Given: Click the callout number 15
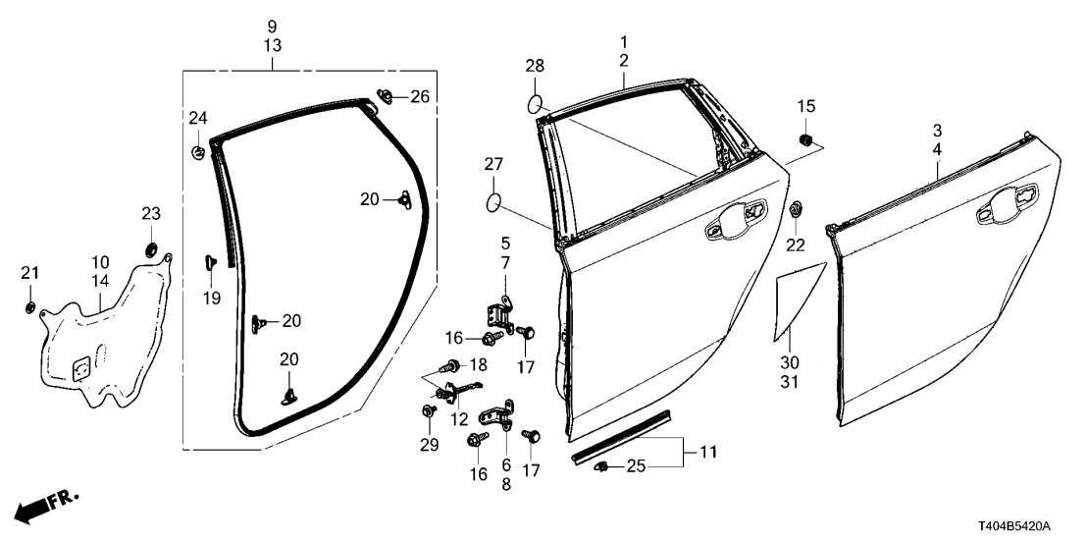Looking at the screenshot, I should click(804, 106).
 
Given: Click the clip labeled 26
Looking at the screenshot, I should click(385, 97).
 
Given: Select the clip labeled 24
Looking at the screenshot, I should click(198, 152).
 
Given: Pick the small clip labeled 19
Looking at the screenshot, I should click(210, 261).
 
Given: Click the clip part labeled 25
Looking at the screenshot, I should click(603, 466).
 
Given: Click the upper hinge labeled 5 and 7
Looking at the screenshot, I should click(499, 313).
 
